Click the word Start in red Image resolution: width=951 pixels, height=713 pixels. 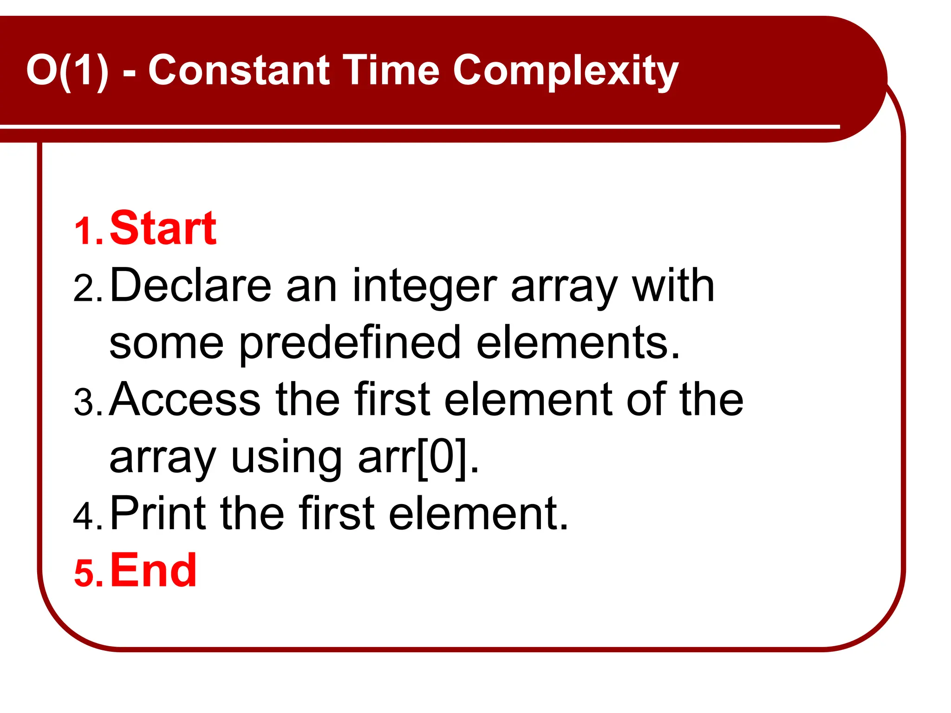click(x=163, y=228)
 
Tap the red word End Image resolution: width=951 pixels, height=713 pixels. click(x=153, y=570)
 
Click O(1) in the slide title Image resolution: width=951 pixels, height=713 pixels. click(x=67, y=71)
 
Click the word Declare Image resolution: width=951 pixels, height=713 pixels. click(x=190, y=285)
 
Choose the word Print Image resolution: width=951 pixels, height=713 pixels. click(x=158, y=513)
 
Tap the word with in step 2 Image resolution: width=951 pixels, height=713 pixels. click(x=673, y=285)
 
